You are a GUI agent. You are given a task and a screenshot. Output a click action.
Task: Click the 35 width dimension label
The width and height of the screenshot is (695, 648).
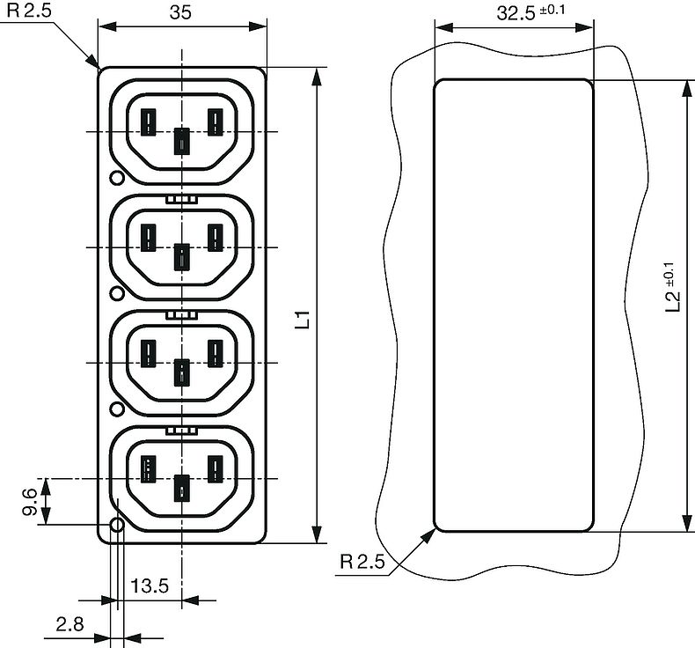point(181,12)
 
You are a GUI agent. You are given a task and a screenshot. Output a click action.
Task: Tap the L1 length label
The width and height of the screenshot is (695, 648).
point(302,319)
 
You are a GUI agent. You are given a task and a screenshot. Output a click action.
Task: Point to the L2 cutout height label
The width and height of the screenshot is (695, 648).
point(671,288)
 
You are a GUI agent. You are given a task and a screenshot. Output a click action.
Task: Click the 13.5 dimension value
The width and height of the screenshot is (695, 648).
point(150,585)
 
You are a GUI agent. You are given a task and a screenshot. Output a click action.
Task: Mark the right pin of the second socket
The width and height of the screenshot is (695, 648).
point(214,236)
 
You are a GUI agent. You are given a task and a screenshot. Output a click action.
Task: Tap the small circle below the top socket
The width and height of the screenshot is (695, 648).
point(115,179)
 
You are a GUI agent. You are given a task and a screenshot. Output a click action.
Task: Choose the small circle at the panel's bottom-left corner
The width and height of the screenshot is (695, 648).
point(115,526)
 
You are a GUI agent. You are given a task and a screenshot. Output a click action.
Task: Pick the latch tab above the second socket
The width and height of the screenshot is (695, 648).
point(181,199)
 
